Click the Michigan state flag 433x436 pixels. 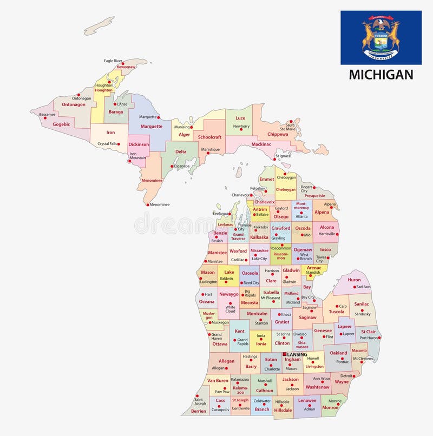tap(380, 37)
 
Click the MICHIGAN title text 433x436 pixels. tap(380, 75)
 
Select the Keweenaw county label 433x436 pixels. tap(126, 67)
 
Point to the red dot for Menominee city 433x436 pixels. tap(147, 204)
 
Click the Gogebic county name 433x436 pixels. tap(61, 124)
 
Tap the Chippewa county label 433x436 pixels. tap(278, 134)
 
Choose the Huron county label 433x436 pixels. tap(354, 280)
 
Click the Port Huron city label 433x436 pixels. tap(369, 338)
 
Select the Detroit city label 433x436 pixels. tap(346, 375)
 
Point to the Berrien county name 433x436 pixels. tap(199, 411)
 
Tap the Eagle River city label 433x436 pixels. tap(113, 61)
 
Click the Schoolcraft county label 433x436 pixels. tap(209, 137)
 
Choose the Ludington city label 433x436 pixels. tap(208, 282)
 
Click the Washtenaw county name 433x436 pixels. tap(317, 387)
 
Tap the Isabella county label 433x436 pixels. tap(271, 292)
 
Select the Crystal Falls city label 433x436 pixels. tap(107, 144)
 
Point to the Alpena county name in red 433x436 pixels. tap(322, 212)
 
